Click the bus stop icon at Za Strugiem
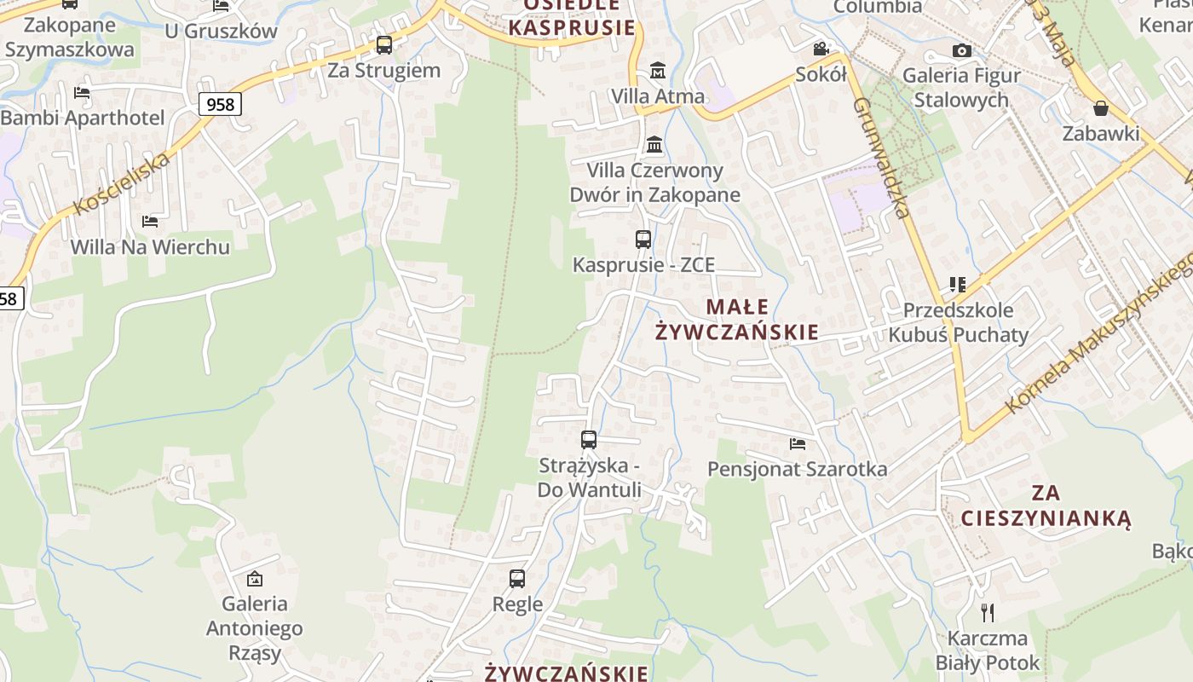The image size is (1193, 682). (x=384, y=45)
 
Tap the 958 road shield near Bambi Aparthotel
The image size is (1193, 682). (x=221, y=104)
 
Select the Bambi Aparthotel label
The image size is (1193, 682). (x=83, y=118)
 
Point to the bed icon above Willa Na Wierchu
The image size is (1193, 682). (x=150, y=222)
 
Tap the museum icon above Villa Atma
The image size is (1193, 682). (x=658, y=70)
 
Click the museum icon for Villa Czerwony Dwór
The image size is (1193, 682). (x=654, y=144)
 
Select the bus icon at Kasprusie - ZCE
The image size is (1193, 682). (x=643, y=240)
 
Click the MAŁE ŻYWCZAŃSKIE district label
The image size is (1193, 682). (x=737, y=319)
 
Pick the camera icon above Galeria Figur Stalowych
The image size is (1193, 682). (x=962, y=51)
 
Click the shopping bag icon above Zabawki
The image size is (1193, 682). (x=1101, y=108)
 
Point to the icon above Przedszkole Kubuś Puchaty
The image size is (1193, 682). (x=958, y=285)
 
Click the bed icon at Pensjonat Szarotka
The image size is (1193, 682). (x=798, y=444)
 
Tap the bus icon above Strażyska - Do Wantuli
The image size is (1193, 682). (x=589, y=440)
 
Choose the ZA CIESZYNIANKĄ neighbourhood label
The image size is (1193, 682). (x=1046, y=506)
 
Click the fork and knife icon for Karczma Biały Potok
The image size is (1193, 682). (x=988, y=612)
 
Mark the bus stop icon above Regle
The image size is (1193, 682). (x=517, y=579)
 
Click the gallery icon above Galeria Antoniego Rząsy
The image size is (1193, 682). (x=254, y=579)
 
